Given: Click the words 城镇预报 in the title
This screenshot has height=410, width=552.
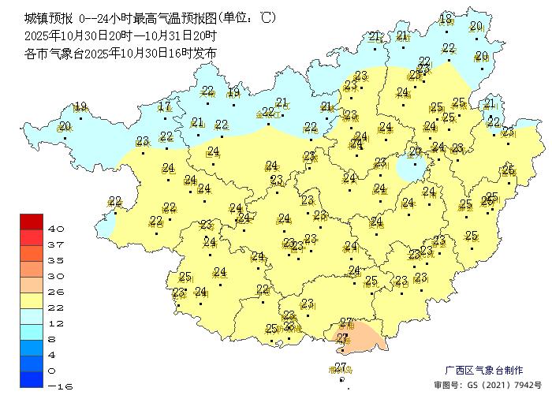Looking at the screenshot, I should [x=48, y=17].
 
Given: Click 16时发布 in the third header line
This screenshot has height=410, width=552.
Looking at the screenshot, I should [x=192, y=54].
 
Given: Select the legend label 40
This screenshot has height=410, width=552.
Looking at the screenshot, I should [x=56, y=229].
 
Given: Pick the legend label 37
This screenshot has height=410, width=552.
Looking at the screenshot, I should [x=56, y=244].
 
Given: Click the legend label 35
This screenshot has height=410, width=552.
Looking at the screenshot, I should [x=56, y=260].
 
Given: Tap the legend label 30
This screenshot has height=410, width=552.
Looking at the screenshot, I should [x=56, y=276].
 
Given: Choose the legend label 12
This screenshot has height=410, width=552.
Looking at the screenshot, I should [x=56, y=323].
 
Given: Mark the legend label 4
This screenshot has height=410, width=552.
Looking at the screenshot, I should [x=53, y=355].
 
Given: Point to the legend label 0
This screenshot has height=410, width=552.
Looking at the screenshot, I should [x=53, y=371].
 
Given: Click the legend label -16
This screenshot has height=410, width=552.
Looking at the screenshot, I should [x=56, y=386].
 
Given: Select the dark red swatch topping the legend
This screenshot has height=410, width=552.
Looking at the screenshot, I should [x=32, y=222].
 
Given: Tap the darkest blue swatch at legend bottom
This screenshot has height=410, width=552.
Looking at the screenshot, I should [x=32, y=380].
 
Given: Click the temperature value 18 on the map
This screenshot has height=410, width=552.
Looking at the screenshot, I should [x=446, y=19].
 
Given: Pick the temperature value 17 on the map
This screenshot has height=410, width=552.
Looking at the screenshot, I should [x=164, y=106].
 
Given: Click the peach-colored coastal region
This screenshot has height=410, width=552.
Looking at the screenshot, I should [x=367, y=337].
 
